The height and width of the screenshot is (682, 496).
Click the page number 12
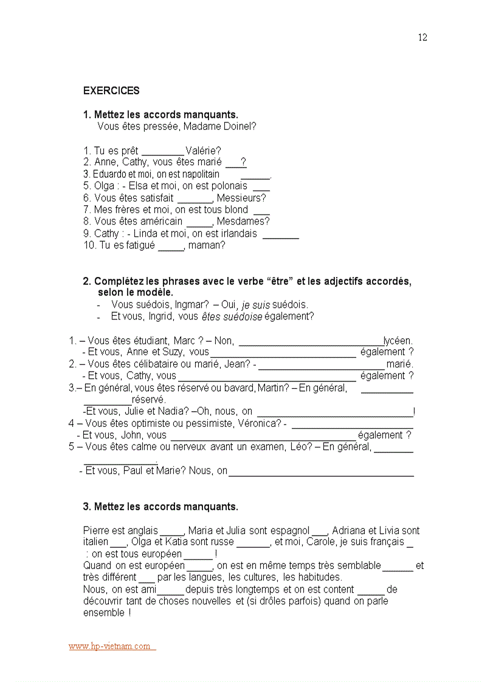click(x=422, y=38)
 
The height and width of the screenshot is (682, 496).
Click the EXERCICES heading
click(x=111, y=91)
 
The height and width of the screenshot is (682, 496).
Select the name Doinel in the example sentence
click(x=241, y=126)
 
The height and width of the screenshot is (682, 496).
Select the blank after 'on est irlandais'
click(x=280, y=234)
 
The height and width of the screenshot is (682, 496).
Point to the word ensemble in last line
click(x=104, y=613)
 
